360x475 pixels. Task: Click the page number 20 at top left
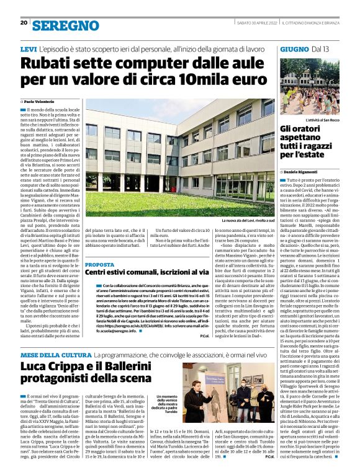pyautogui.click(x=24, y=23)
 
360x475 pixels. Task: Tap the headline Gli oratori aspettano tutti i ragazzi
pyautogui.click(x=310, y=140)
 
